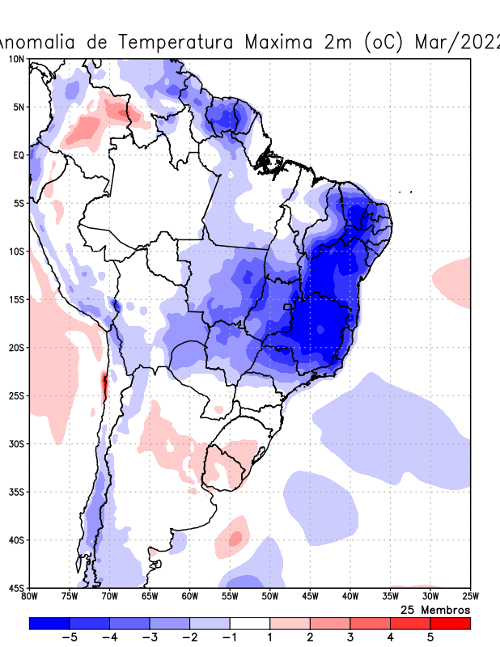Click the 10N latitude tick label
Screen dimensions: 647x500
point(16,59)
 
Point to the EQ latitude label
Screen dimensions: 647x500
point(18,155)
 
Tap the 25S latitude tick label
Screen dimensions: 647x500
point(16,395)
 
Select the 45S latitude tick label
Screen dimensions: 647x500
point(16,588)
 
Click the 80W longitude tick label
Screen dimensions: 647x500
point(30,597)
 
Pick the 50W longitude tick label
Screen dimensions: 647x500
point(269,597)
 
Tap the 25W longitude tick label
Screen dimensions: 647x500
point(469,597)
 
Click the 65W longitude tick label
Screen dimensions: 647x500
point(150,597)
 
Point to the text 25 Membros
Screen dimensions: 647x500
point(435,609)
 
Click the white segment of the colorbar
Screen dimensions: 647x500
point(250,624)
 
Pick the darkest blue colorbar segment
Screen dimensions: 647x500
point(49,624)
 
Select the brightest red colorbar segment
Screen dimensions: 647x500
point(450,624)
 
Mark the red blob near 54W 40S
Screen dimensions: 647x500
point(235,537)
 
